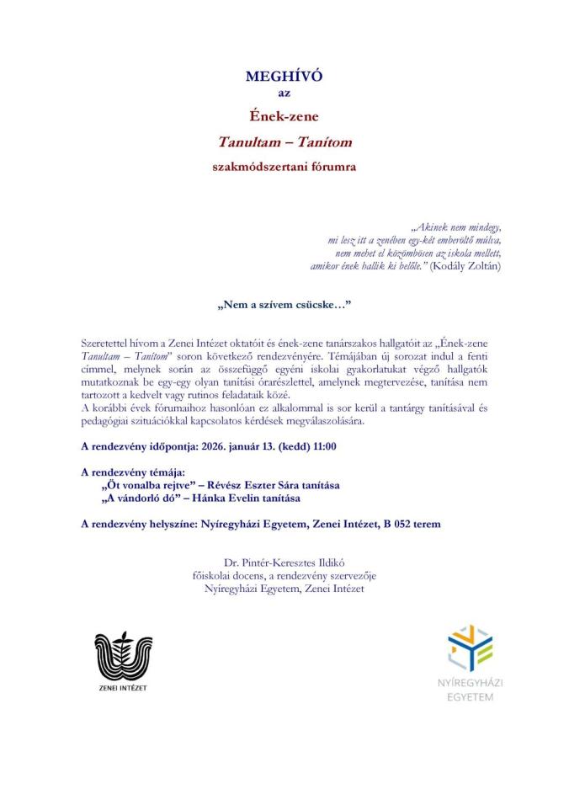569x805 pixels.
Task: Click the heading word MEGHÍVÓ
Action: click(284, 77)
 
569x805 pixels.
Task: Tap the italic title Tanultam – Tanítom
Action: click(284, 141)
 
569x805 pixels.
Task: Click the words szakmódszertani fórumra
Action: click(284, 167)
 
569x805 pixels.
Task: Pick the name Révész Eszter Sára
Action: click(240, 486)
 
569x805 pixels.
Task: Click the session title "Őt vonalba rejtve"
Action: click(144, 486)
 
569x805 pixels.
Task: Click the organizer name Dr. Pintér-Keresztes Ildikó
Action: click(284, 562)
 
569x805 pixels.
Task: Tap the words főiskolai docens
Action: click(223, 575)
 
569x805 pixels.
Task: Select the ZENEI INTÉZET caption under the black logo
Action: click(123, 687)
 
